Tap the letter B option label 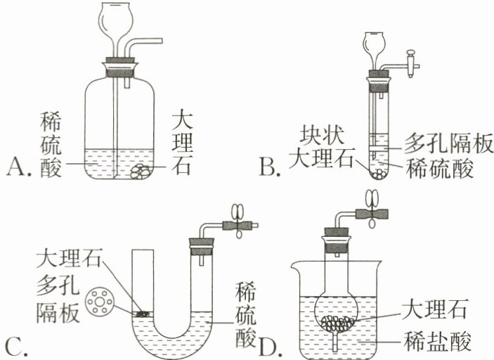pos(270,167)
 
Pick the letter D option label pos(269,346)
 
